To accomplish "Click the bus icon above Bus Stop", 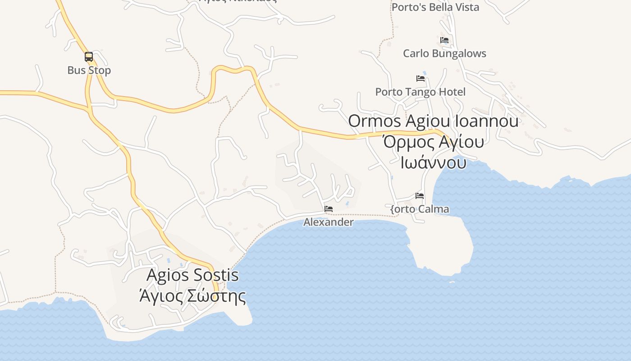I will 89,57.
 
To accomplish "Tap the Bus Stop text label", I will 89,70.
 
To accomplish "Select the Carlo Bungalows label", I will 444,53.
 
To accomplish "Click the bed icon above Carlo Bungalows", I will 444,40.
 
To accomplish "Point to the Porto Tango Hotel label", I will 420,92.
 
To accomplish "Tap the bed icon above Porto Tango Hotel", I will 421,78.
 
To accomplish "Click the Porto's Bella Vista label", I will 435,7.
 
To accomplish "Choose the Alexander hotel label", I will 328,222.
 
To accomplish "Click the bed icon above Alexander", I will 329,209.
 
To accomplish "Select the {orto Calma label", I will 420,209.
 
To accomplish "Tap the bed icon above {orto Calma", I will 420,196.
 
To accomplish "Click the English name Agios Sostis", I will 192,275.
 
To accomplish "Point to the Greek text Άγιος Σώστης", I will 192,296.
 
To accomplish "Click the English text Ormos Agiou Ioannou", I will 433,121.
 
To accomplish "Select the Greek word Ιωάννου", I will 433,162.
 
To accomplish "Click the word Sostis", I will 216,275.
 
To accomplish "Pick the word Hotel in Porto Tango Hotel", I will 451,92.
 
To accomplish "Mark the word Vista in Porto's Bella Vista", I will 467,7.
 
